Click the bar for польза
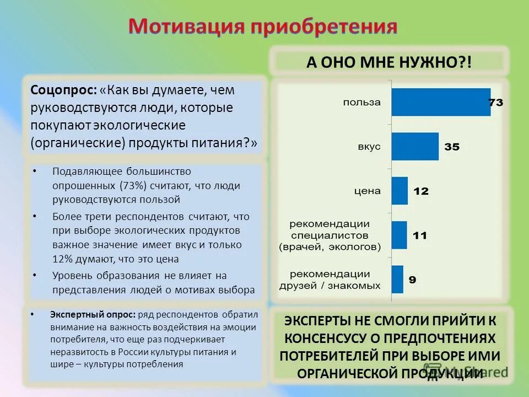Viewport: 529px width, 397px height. [441, 102]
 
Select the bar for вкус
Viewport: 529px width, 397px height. [415, 147]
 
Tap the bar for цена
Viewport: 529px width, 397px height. [400, 191]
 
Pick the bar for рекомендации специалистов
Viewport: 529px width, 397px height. [399, 235]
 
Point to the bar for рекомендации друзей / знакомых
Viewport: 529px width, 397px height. [397, 279]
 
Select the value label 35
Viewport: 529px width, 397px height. [452, 147]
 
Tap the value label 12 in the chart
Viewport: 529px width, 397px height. [421, 191]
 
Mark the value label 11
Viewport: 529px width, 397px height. [420, 235]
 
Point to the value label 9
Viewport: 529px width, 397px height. [412, 280]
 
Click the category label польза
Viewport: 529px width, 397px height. [361, 102]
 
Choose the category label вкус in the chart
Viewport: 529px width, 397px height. [369, 147]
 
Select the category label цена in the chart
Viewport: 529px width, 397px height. [368, 191]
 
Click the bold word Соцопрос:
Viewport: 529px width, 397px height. [63, 89]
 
